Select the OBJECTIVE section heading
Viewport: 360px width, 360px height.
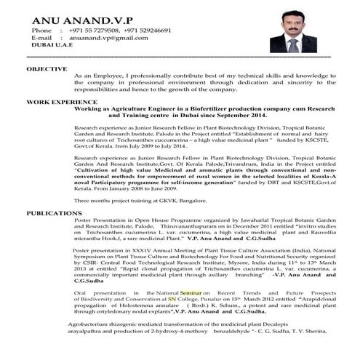(x=47, y=68)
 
